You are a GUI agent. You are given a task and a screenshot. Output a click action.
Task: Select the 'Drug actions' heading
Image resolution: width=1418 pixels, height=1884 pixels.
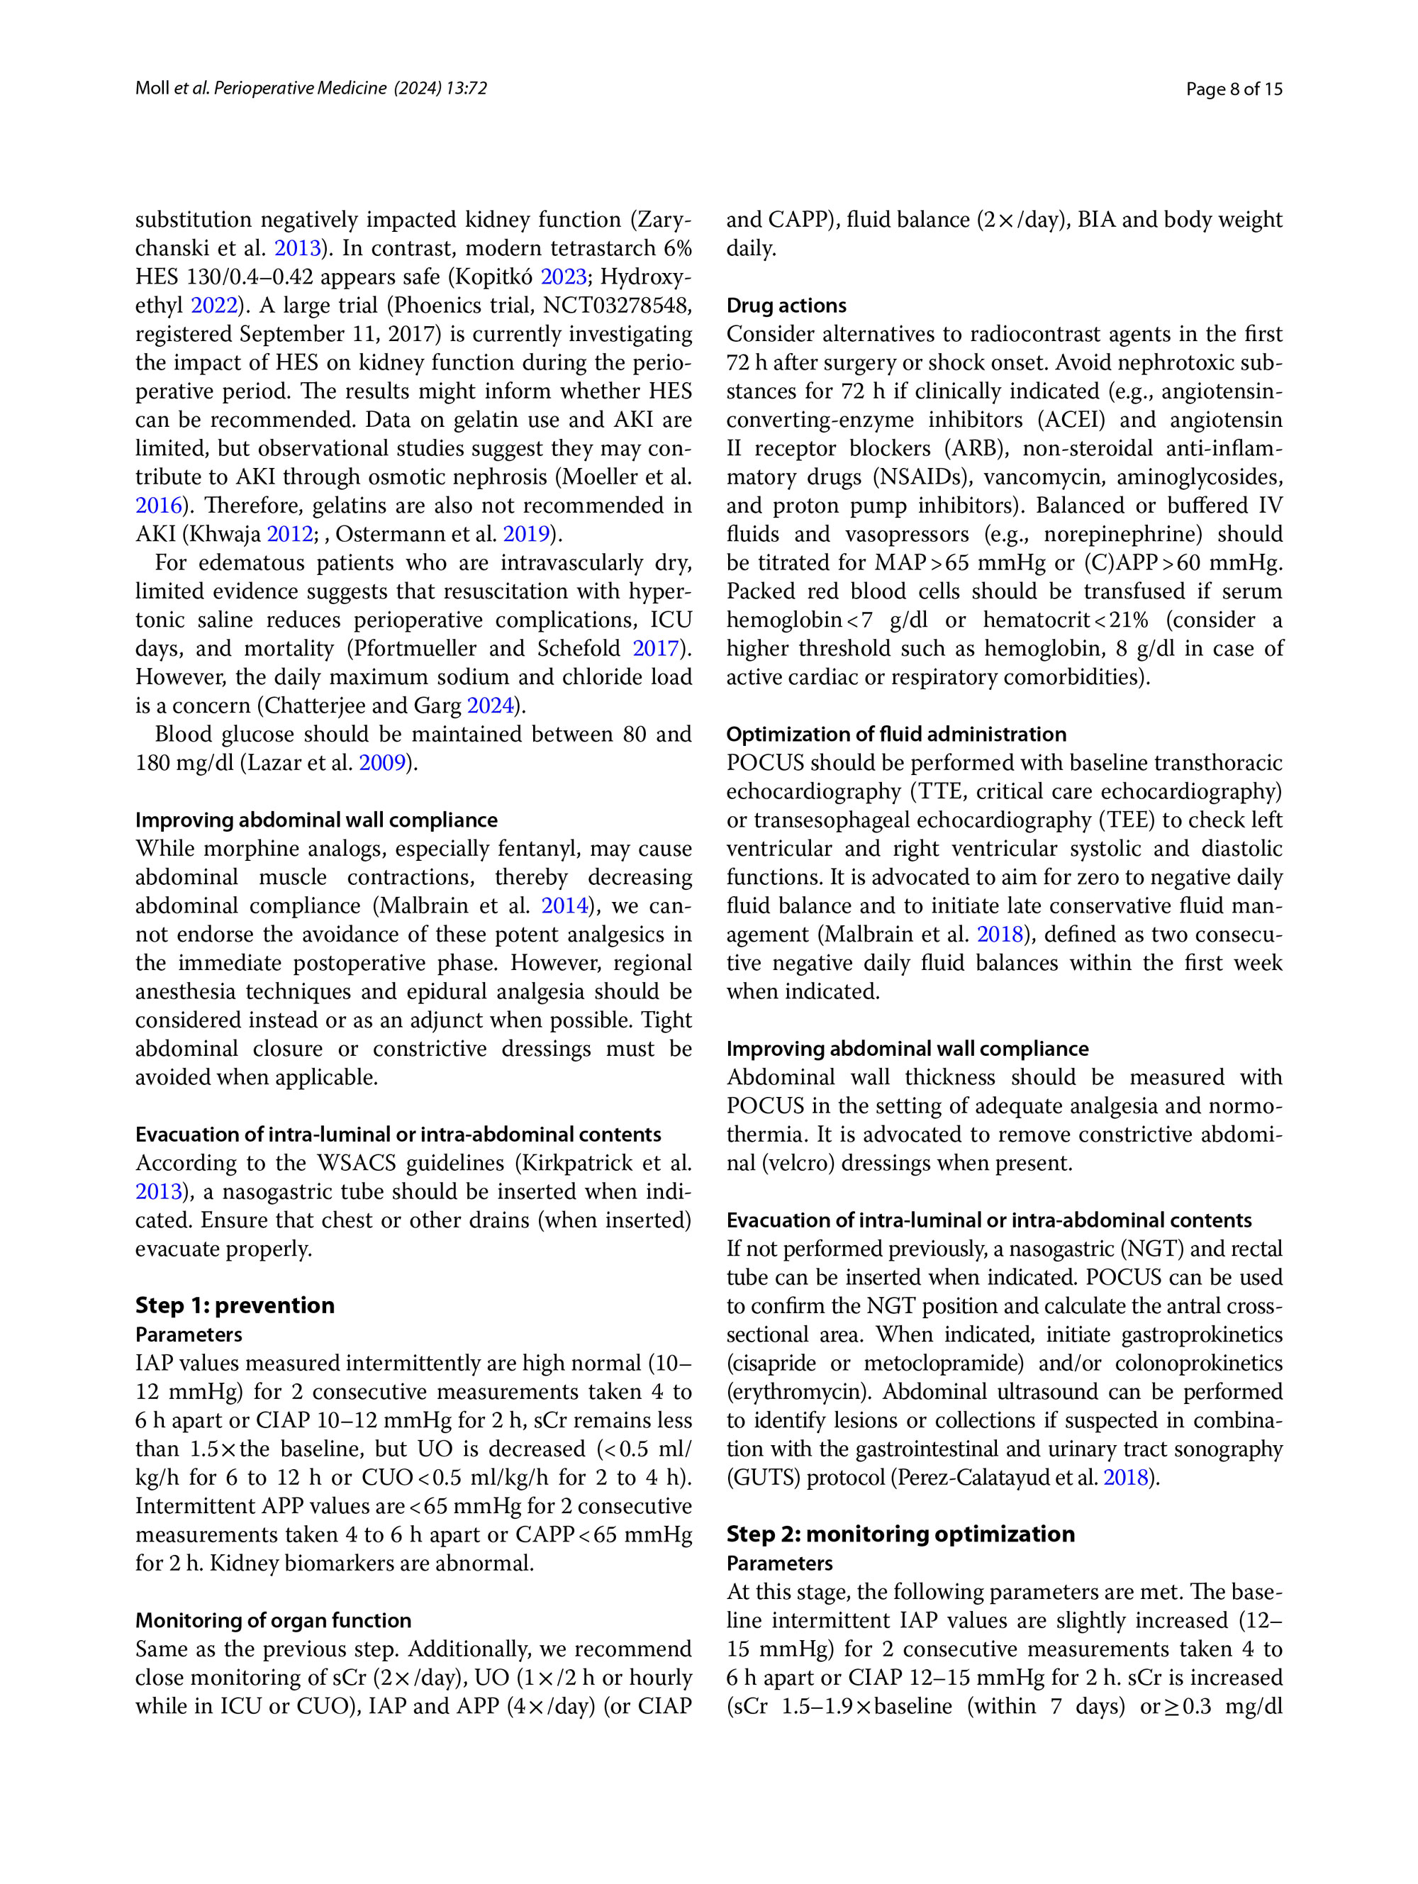coord(786,306)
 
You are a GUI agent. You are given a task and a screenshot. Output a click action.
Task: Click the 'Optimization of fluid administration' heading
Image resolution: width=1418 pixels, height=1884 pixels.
coord(896,734)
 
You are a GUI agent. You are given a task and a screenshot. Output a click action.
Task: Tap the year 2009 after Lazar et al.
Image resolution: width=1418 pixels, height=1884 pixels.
coord(381,762)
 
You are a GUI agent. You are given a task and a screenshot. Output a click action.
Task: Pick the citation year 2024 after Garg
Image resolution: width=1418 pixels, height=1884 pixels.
coord(490,706)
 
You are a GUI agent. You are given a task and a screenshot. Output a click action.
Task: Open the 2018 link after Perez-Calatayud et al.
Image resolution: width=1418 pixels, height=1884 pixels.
coord(1126,1477)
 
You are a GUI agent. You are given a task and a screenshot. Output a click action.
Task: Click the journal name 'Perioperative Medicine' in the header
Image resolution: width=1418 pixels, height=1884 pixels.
coord(300,89)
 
